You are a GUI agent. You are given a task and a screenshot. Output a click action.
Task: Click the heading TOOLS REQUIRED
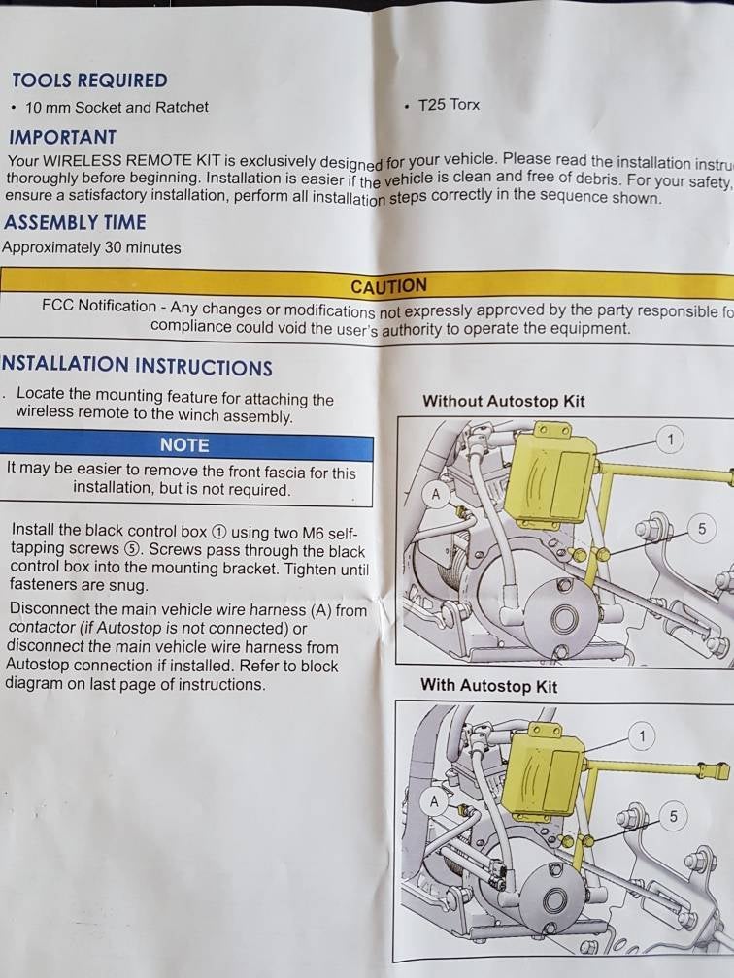89,81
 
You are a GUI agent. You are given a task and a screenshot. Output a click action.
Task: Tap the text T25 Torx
449,105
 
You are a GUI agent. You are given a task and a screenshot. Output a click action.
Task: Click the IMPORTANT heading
63,137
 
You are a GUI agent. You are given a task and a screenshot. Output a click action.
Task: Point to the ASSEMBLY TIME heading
75,222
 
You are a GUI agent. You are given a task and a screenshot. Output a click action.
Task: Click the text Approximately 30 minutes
91,247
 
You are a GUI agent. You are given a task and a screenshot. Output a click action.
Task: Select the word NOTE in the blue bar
184,444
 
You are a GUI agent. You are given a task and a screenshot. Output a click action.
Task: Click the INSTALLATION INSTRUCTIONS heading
137,366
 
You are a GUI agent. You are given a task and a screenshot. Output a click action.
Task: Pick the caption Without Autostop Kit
503,401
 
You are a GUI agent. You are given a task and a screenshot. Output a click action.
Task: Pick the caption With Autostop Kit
488,685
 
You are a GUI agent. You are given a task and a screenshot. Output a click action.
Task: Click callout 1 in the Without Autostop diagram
670,440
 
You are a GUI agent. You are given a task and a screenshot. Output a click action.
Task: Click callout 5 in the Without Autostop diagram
701,529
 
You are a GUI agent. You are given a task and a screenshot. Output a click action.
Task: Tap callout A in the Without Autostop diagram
436,495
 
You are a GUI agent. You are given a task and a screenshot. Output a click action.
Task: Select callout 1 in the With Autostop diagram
641,736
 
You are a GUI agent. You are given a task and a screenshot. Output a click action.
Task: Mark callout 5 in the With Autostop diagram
672,816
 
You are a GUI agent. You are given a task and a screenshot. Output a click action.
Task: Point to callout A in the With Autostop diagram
434,801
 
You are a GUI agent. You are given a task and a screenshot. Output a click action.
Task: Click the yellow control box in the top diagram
550,480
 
